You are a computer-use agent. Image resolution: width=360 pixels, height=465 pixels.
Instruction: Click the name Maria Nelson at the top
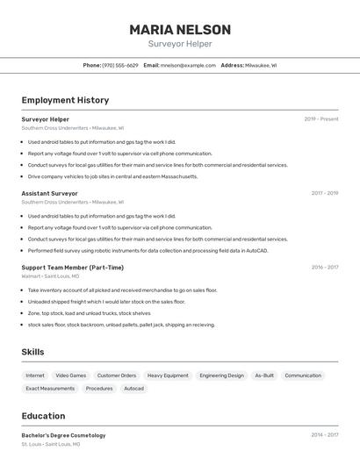180,30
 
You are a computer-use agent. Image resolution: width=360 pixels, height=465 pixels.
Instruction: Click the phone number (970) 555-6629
120,65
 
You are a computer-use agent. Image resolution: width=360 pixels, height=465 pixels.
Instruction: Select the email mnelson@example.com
188,65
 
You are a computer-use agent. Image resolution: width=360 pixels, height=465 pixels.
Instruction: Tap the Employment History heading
65,100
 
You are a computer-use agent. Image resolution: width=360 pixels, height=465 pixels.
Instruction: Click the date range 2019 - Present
321,119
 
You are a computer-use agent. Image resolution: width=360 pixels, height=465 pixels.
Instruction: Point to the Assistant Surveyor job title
49,193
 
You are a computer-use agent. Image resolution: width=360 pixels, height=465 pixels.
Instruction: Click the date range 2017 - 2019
325,193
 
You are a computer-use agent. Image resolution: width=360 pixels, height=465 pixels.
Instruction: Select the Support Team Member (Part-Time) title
72,268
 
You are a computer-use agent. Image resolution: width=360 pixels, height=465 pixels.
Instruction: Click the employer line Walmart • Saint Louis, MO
50,276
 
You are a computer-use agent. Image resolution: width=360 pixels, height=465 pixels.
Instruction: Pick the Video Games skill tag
71,376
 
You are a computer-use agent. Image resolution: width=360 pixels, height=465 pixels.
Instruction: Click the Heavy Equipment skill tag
168,376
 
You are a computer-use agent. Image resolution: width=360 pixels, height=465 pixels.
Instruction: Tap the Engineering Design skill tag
221,376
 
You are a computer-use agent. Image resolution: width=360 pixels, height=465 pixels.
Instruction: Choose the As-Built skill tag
264,376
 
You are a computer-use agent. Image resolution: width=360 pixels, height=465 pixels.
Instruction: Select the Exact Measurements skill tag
50,388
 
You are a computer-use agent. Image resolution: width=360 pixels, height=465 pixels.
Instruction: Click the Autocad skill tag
133,388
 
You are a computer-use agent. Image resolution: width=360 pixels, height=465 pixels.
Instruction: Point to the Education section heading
43,416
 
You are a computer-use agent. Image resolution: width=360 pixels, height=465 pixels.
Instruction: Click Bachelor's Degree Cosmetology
63,435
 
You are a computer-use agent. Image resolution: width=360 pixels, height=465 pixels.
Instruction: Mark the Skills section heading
32,352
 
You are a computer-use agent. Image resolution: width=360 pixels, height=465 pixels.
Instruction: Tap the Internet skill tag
35,376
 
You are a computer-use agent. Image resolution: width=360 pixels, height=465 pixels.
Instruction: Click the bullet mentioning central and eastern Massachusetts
112,176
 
